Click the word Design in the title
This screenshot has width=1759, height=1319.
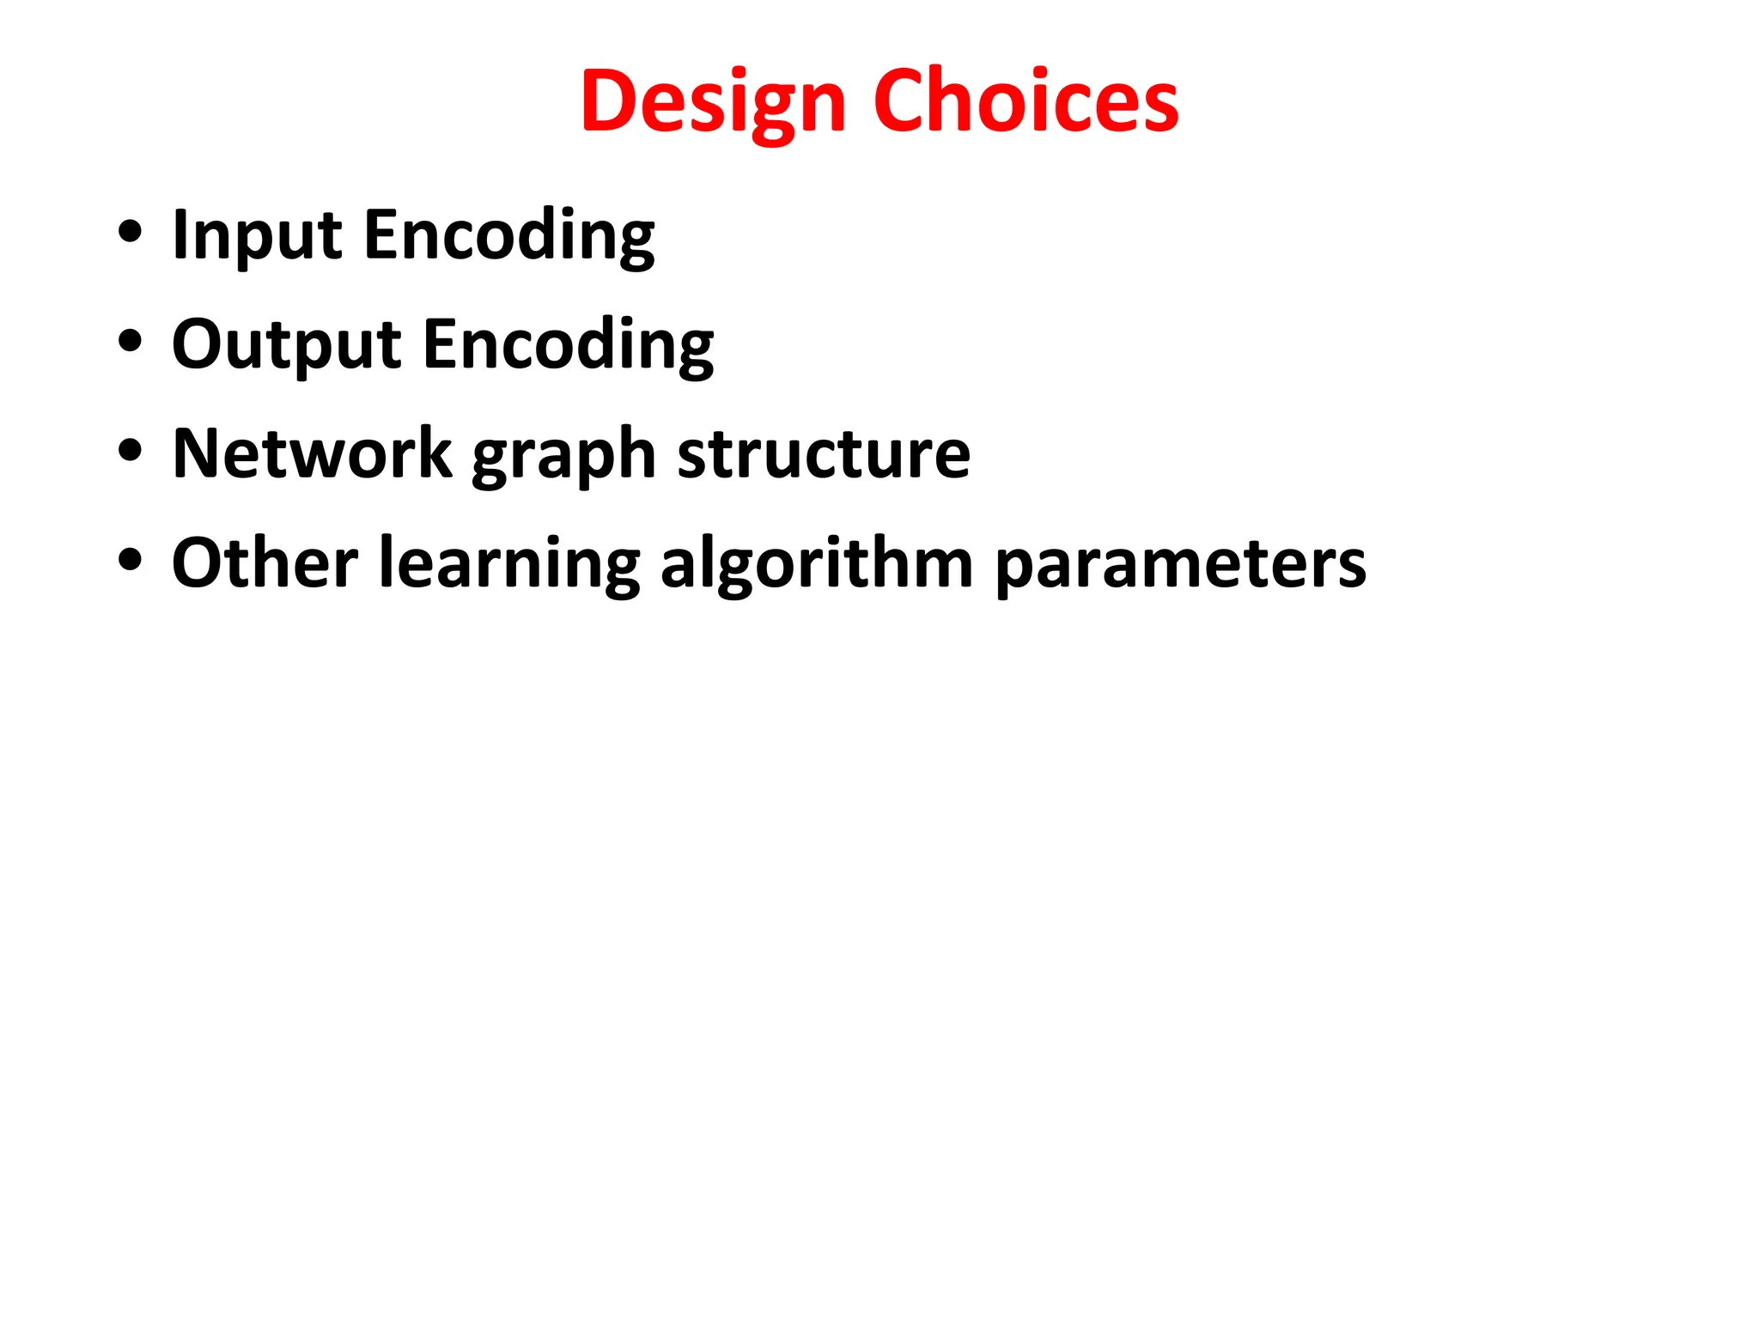click(x=714, y=102)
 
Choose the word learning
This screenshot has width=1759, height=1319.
click(x=509, y=564)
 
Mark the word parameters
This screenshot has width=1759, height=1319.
click(x=1180, y=564)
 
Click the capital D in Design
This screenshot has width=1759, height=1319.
click(x=609, y=100)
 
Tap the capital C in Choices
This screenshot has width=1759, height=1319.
click(x=901, y=100)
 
